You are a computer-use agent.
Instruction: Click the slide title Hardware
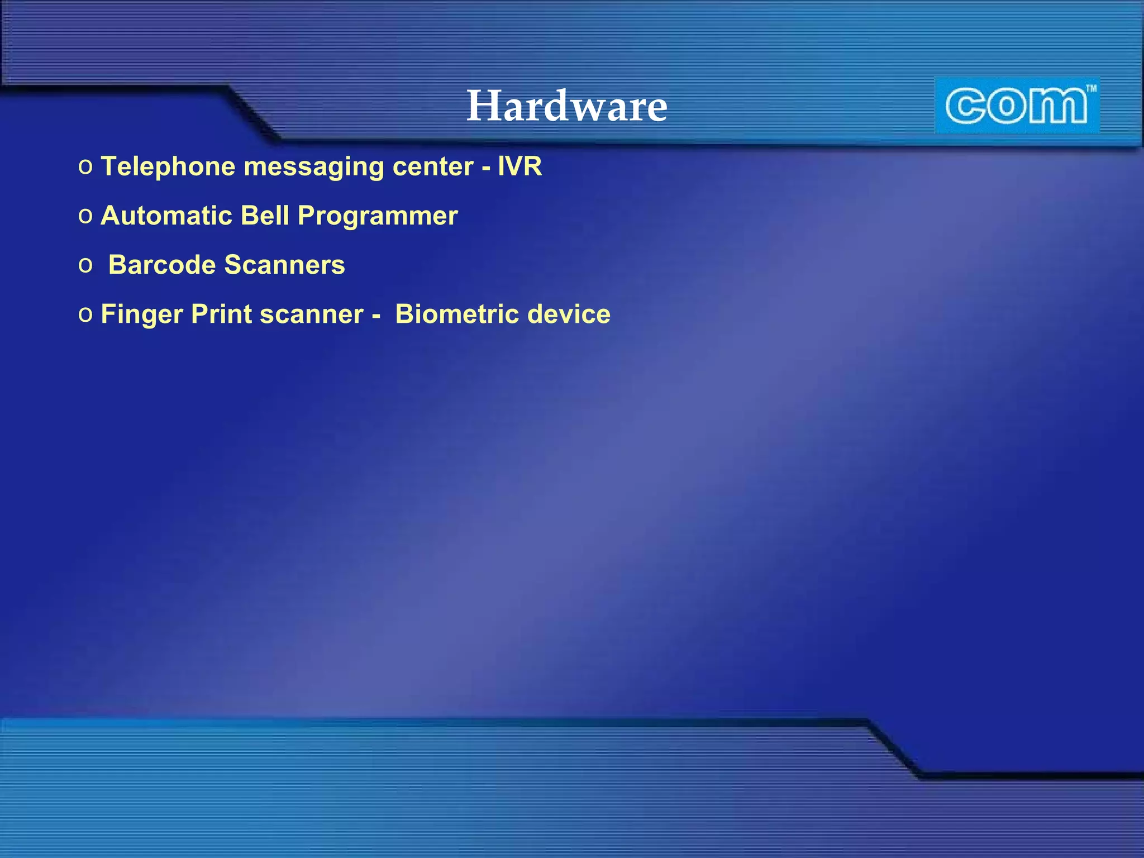point(567,106)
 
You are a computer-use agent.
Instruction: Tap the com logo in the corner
point(1017,106)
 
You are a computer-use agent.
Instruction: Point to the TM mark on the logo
point(1090,88)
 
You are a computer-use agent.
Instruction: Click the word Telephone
point(168,167)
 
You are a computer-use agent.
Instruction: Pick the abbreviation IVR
point(519,166)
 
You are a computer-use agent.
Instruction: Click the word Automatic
point(166,216)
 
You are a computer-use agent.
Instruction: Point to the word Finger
point(142,314)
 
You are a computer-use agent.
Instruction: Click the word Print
point(221,314)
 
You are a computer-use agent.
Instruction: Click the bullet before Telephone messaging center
point(85,167)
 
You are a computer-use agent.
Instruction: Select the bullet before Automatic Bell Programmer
point(85,216)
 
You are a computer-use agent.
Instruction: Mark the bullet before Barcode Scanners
point(85,265)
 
